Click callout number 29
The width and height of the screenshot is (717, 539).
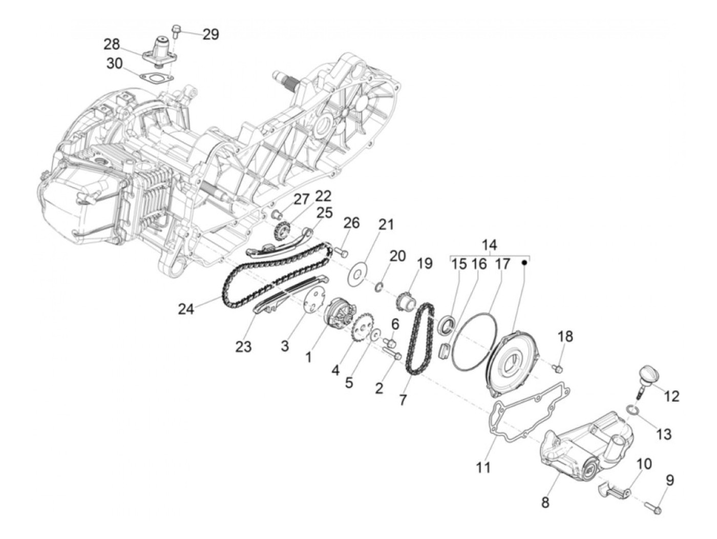pyautogui.click(x=210, y=34)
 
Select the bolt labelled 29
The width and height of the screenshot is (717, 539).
pyautogui.click(x=176, y=32)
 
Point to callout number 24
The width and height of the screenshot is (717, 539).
pyautogui.click(x=186, y=309)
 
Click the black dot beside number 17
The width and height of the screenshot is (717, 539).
pyautogui.click(x=524, y=262)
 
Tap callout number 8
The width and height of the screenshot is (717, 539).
pyautogui.click(x=545, y=503)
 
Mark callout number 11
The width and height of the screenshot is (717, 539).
pyautogui.click(x=483, y=467)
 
